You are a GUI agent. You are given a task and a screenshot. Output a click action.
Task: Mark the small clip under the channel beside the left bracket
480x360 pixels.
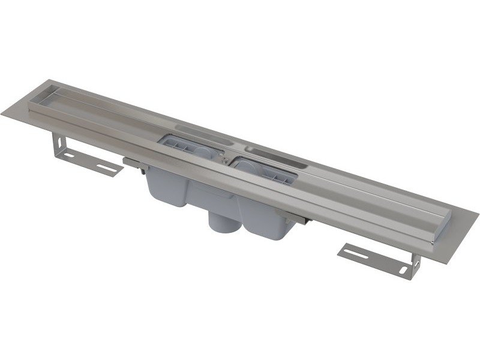coord(130,160)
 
